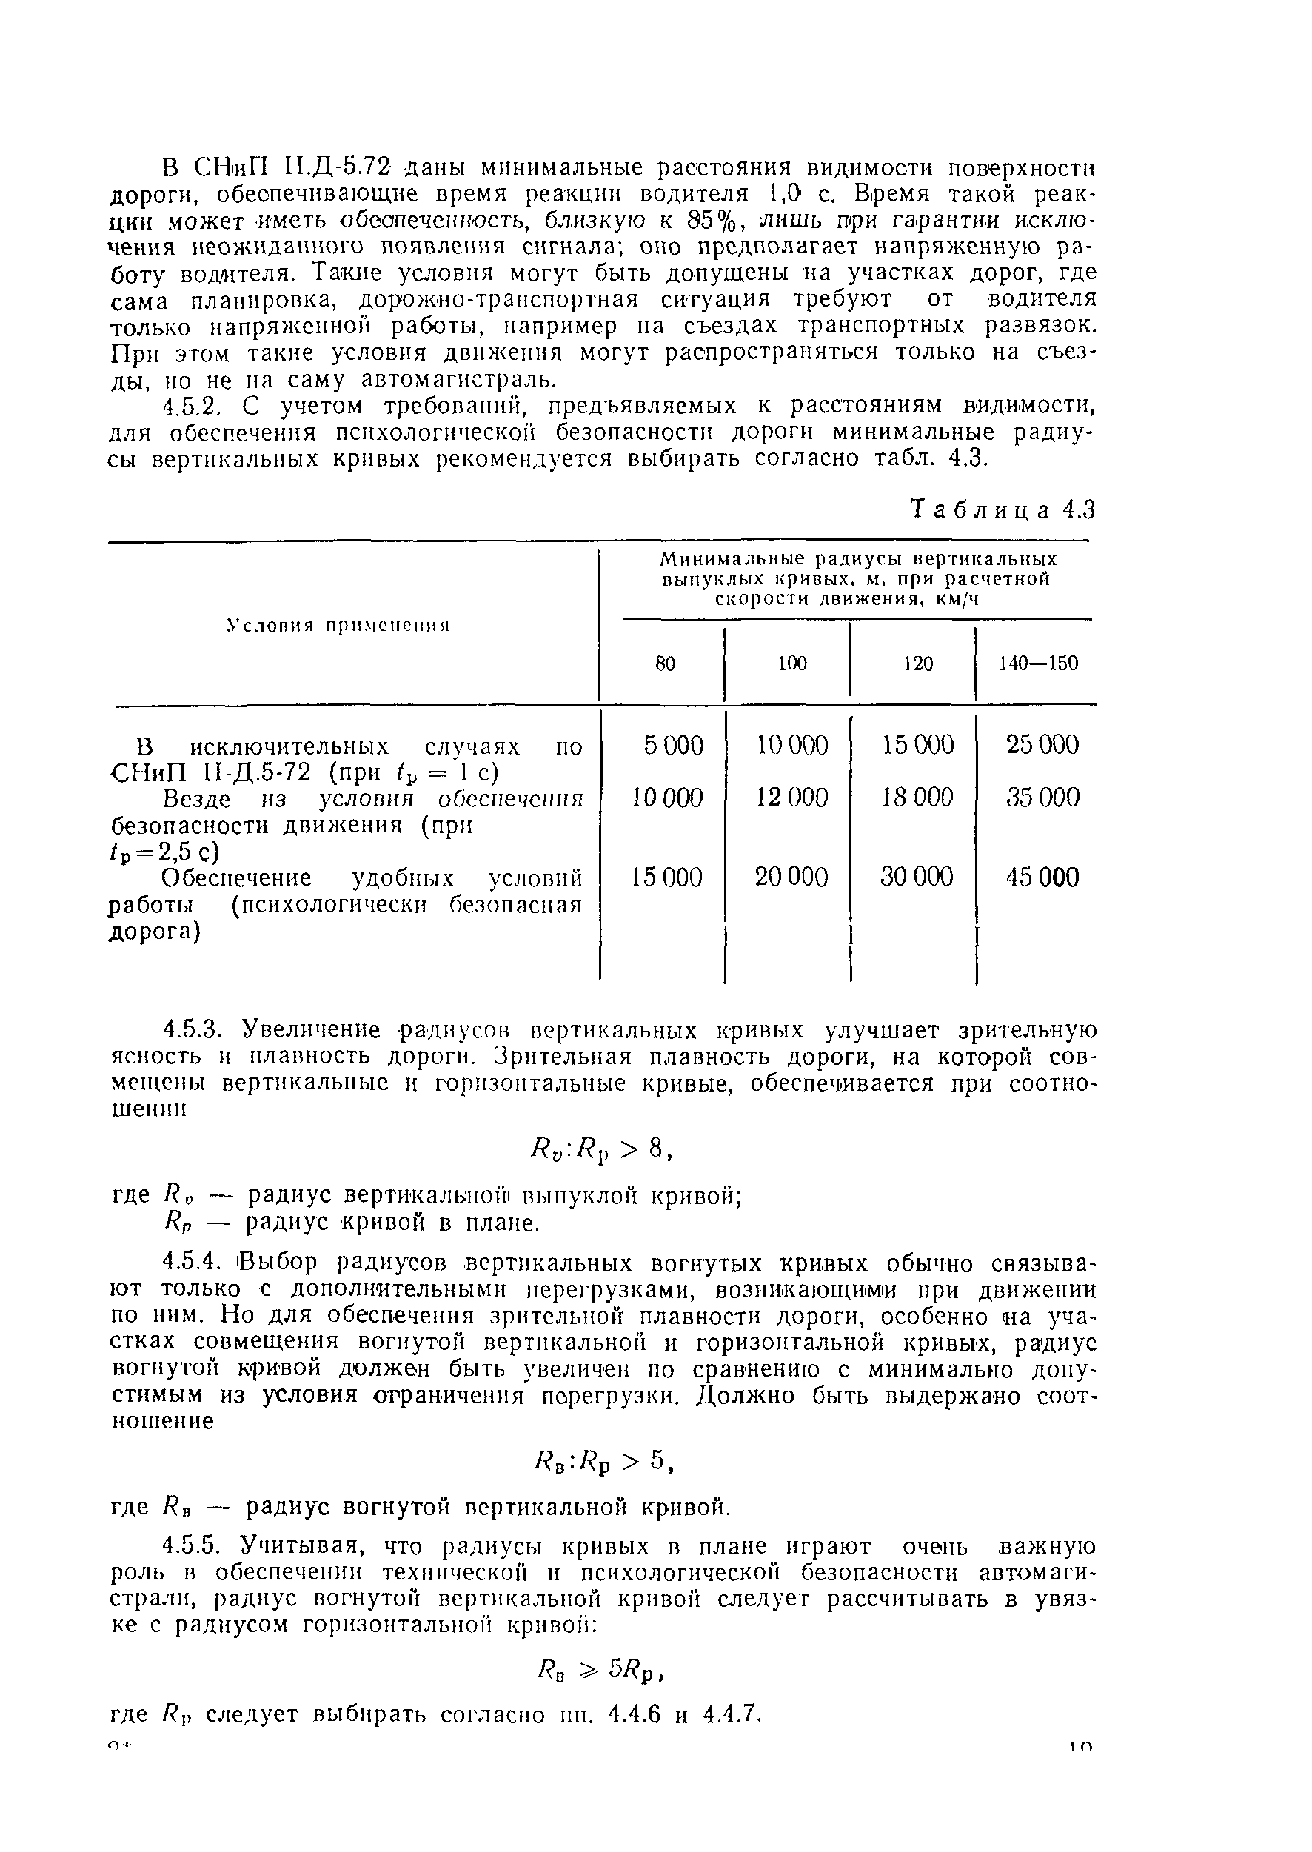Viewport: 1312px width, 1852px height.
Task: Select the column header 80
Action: click(664, 664)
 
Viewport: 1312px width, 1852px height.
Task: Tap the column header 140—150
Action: click(1038, 664)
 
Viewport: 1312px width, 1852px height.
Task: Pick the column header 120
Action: click(918, 664)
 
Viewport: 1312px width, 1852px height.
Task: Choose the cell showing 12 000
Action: click(791, 798)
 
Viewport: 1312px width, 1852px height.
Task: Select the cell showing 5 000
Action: click(673, 744)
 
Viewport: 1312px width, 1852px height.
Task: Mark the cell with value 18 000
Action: click(917, 798)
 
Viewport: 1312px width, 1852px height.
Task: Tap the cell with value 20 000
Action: click(791, 877)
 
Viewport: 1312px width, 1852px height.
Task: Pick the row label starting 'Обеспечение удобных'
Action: click(345, 904)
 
